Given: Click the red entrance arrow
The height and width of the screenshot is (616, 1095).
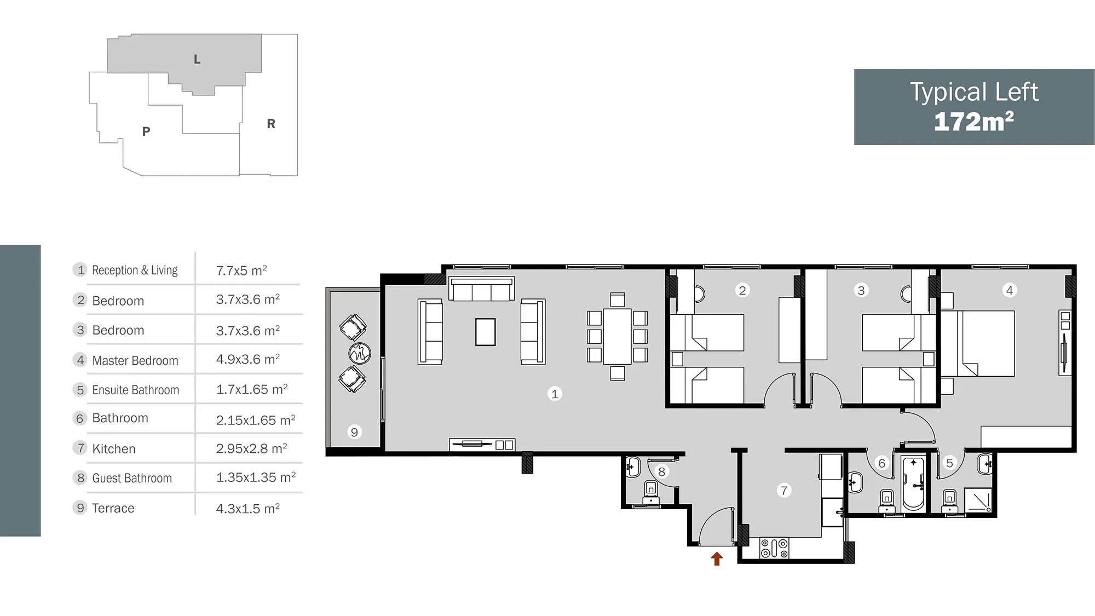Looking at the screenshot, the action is tap(717, 559).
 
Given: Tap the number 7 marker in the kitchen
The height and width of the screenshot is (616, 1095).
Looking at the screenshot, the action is tap(784, 490).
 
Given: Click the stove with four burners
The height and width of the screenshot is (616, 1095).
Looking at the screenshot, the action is tap(774, 548).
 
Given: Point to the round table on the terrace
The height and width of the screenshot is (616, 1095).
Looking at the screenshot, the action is tap(360, 353).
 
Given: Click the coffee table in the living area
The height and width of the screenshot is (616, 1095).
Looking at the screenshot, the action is tap(485, 332).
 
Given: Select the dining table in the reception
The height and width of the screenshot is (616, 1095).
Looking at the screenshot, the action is tap(617, 337).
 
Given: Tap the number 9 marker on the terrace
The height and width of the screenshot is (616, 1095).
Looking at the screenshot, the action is tap(354, 432).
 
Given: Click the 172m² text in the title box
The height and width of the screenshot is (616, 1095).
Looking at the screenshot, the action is tap(973, 121).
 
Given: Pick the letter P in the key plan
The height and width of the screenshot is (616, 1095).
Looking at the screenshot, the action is tap(146, 131).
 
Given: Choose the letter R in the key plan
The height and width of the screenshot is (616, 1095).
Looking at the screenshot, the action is tap(271, 124).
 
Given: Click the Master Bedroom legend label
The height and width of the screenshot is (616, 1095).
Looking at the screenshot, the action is tap(135, 360).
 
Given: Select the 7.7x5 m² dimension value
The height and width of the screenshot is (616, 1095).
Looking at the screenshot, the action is tap(241, 270).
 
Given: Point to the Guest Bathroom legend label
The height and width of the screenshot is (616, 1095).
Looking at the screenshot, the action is tap(132, 478).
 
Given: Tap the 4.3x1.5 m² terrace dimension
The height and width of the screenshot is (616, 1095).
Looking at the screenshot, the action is tap(248, 508).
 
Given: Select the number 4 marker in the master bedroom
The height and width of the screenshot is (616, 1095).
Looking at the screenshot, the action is tap(1010, 290).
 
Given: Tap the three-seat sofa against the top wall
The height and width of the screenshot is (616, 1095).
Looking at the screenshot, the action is tap(481, 289).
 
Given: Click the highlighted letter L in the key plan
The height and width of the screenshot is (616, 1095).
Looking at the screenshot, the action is tap(197, 59).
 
